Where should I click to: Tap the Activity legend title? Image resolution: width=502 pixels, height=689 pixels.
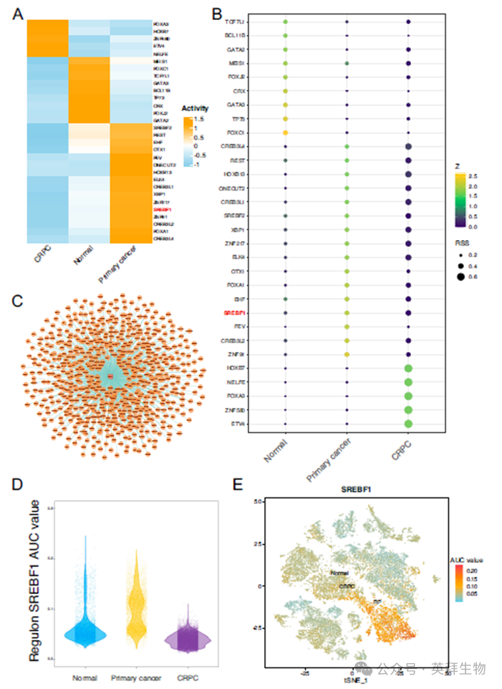(x=196, y=109)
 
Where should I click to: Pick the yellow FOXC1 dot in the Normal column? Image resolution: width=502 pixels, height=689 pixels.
(x=285, y=133)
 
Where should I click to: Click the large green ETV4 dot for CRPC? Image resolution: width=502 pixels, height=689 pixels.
(x=408, y=424)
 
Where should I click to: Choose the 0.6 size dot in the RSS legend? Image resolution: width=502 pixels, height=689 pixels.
(x=460, y=278)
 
